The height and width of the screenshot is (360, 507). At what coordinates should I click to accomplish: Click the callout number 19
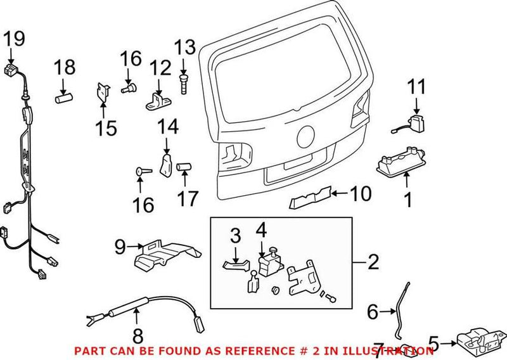pyautogui.click(x=13, y=39)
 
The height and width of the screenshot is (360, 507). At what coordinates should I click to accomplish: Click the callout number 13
pyautogui.click(x=186, y=47)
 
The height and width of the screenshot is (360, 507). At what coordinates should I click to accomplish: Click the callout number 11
pyautogui.click(x=418, y=87)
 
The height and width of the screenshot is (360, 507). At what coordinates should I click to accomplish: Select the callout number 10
pyautogui.click(x=362, y=194)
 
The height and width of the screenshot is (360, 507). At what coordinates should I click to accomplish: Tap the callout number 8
pyautogui.click(x=138, y=335)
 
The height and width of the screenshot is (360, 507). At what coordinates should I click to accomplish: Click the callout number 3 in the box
pyautogui.click(x=235, y=238)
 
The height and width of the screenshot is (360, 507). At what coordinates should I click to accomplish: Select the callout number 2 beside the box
pyautogui.click(x=373, y=260)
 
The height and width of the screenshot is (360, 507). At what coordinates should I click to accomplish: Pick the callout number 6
pyautogui.click(x=373, y=311)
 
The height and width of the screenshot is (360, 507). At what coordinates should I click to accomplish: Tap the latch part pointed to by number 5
pyautogui.click(x=478, y=341)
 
